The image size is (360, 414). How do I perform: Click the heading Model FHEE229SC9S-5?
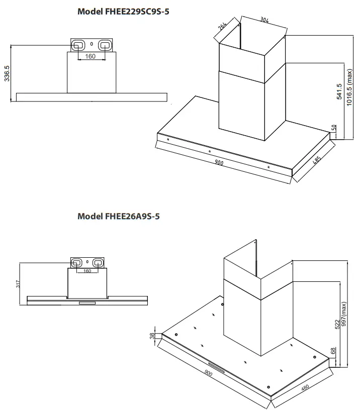click(123, 11)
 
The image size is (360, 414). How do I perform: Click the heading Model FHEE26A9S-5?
click(119, 216)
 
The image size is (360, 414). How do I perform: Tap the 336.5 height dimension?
click(7, 73)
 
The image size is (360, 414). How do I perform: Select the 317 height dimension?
click(18, 284)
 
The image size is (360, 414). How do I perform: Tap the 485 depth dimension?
click(316, 162)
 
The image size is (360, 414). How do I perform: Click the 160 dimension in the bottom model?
click(87, 271)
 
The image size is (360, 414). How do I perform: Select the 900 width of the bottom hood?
click(208, 373)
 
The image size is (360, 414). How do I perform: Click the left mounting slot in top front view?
click(78, 45)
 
